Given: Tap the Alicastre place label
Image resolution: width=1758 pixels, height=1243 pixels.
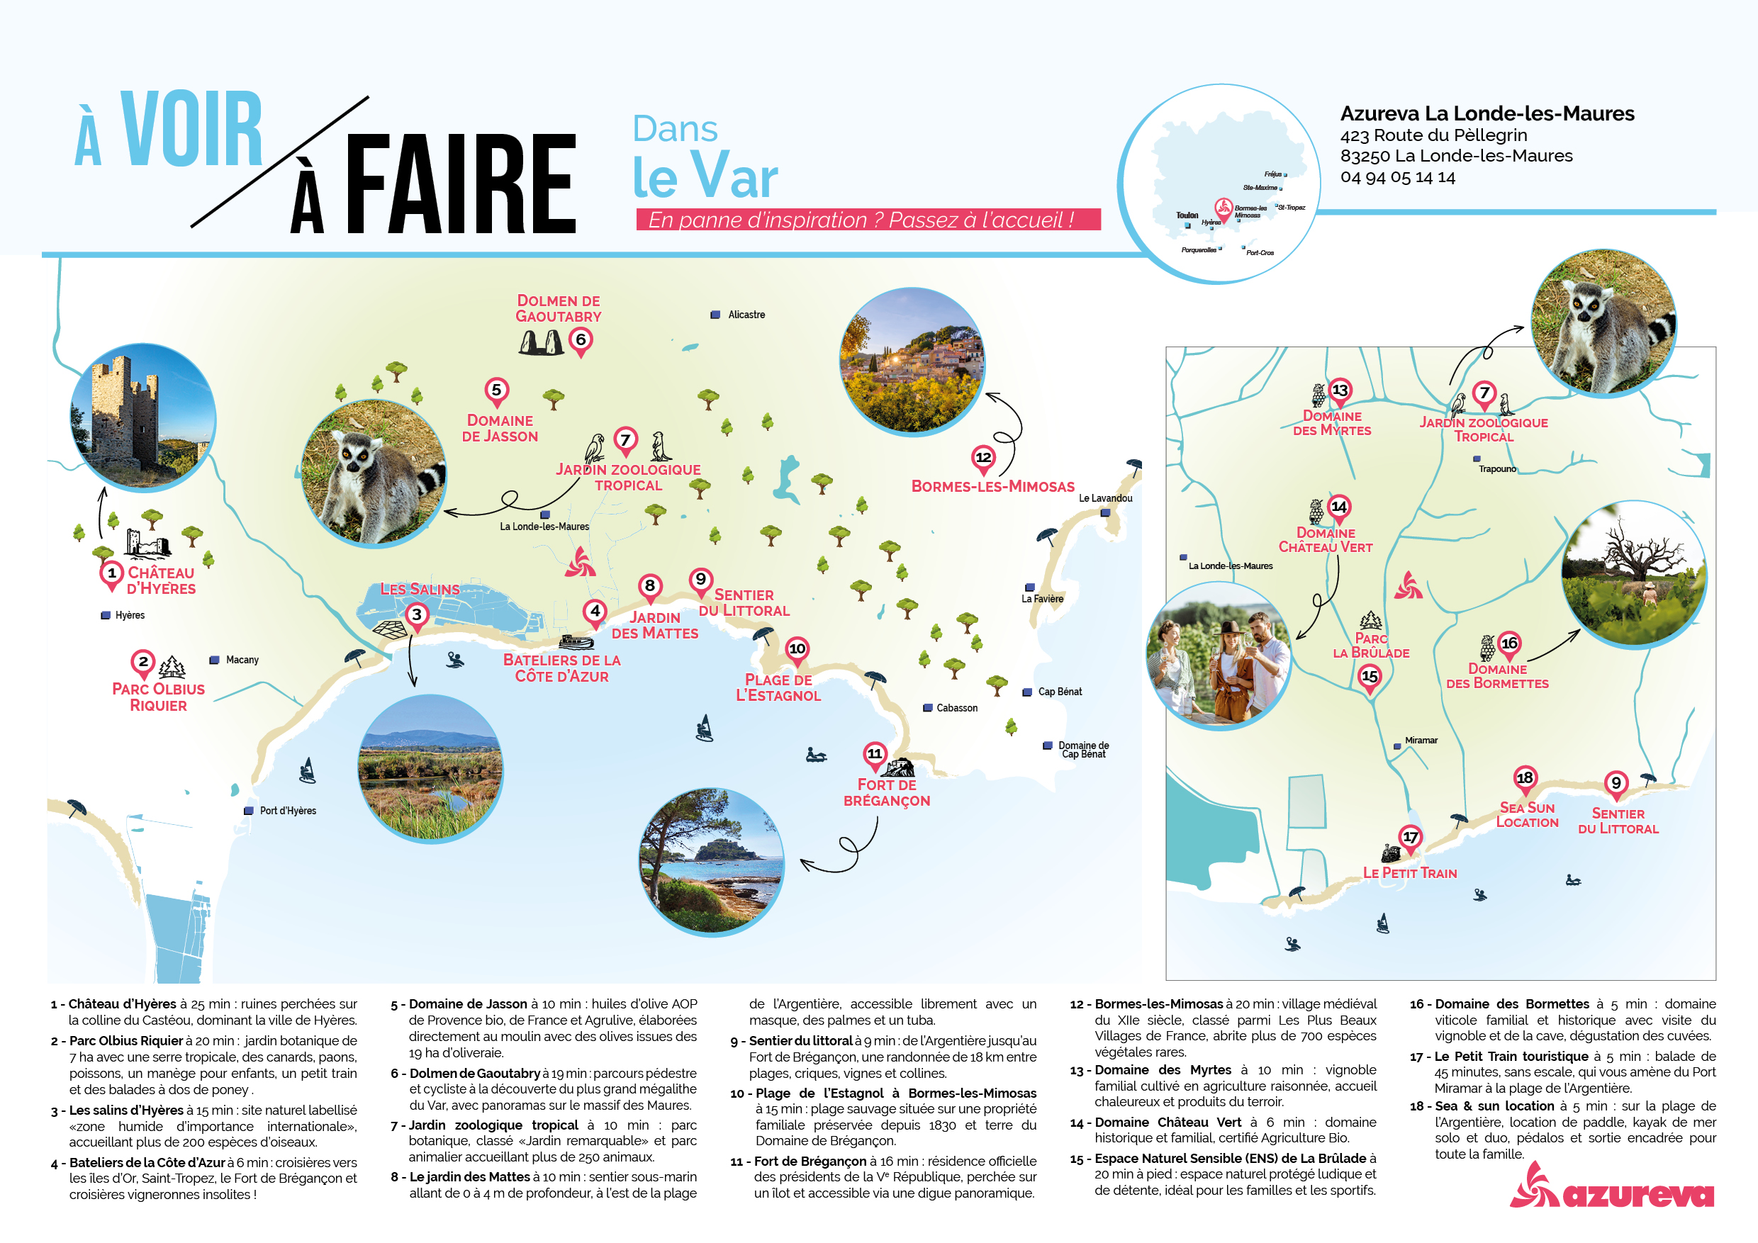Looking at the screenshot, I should [x=746, y=315].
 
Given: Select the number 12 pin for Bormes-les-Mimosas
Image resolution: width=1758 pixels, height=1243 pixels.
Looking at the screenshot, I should [x=983, y=458].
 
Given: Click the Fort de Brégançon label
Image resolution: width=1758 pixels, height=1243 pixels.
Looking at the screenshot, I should [x=887, y=793].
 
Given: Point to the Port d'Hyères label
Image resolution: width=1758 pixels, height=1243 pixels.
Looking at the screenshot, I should [x=287, y=811].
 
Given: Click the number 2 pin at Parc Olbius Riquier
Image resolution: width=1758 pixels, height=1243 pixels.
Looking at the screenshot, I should [x=143, y=662].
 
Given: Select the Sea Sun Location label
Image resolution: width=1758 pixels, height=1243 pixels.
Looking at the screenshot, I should [x=1527, y=815].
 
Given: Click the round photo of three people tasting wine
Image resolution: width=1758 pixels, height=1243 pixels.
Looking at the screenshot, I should [x=1219, y=656].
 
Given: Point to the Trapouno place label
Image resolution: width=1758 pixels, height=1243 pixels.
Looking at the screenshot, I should [x=1496, y=469].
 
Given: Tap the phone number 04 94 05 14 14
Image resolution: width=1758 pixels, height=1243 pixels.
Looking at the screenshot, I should [x=1397, y=178].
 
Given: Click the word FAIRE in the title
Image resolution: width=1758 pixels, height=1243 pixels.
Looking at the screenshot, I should [x=461, y=184].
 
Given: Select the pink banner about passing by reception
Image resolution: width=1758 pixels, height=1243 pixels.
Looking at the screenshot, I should [x=868, y=220].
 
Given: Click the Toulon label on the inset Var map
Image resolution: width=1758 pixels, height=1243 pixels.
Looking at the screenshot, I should [x=1187, y=215].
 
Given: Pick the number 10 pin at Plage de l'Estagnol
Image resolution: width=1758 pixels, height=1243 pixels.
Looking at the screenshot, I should [x=797, y=649].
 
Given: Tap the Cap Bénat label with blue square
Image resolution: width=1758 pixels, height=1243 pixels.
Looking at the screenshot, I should [x=1059, y=692].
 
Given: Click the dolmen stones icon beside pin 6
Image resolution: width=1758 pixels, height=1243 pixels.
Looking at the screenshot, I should [x=541, y=342].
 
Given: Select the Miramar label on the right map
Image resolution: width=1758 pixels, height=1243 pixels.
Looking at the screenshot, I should [x=1421, y=740].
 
